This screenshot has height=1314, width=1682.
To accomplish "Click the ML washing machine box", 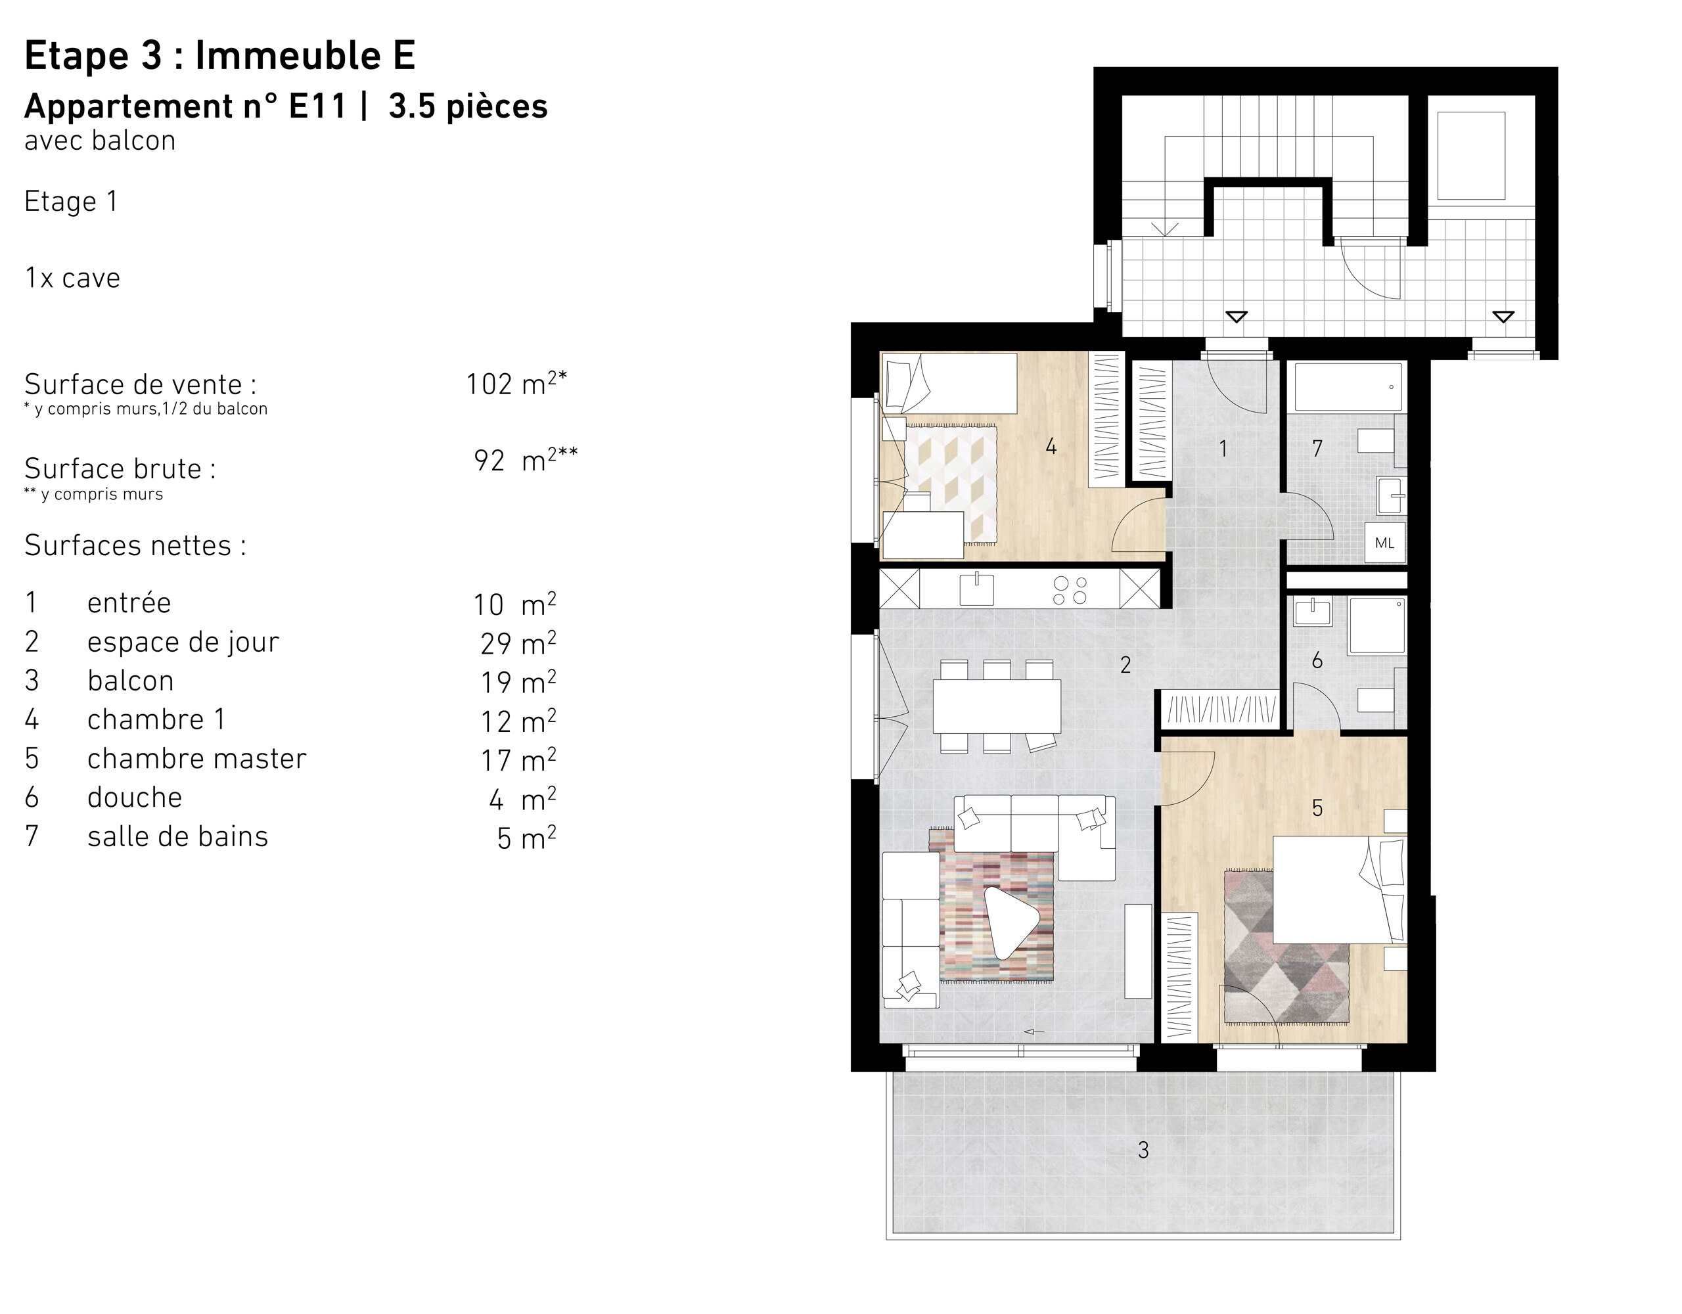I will pos(1384,543).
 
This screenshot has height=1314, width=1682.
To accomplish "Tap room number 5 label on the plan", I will pos(1317,808).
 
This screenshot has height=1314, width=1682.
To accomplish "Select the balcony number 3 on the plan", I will pos(1143,1150).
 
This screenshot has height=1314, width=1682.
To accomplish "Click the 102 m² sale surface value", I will pos(516,384).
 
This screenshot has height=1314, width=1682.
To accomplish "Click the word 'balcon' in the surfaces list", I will pos(130,681).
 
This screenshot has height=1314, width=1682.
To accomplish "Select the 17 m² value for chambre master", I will pos(518,760).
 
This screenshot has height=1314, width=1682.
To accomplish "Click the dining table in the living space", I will pos(996,706).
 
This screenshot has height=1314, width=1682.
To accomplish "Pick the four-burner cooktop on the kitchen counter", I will pos(1070,590).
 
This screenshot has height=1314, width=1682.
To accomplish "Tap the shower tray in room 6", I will pos(1377,625).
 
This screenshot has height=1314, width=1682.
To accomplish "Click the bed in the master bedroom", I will pos(1338,890).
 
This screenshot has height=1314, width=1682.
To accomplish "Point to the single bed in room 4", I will pos(949,383).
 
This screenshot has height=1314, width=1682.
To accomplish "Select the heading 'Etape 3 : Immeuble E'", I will pos(219,55).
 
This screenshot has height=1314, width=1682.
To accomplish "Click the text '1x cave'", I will pos(72,278).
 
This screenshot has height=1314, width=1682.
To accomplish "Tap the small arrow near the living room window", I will pos(1034,1032).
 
